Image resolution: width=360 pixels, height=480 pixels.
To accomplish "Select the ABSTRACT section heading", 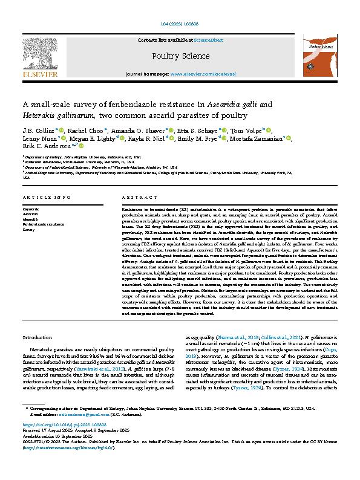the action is [135, 198].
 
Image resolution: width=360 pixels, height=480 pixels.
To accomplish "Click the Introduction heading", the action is [37, 337].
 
